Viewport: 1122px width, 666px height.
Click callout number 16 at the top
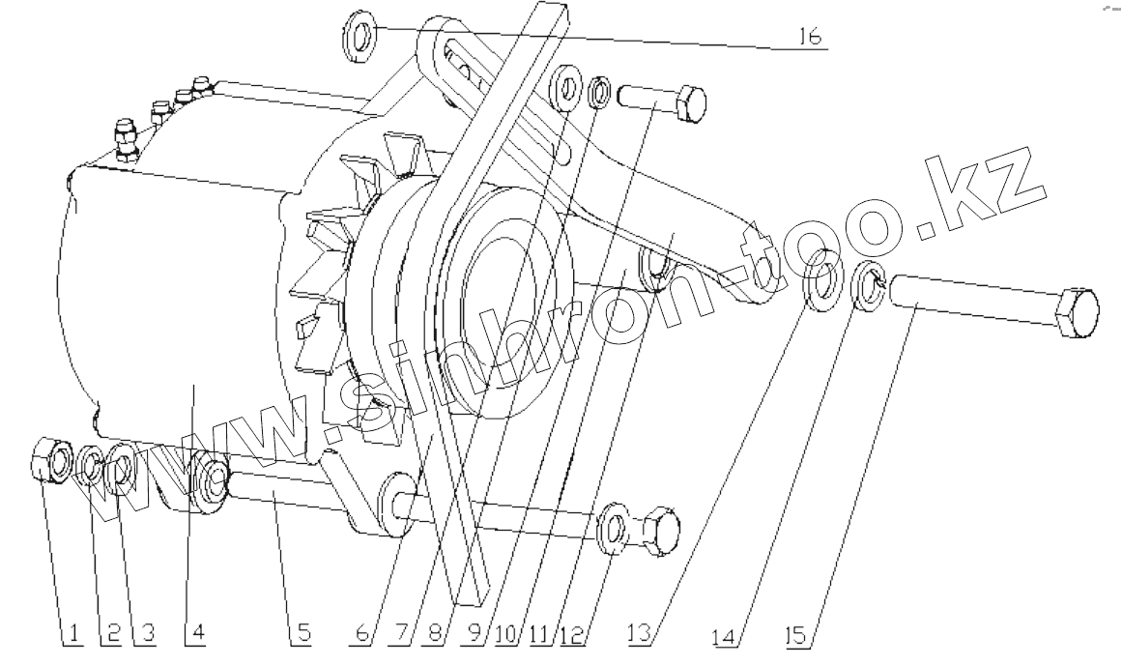[x=811, y=36]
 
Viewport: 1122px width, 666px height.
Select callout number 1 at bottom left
[x=72, y=633]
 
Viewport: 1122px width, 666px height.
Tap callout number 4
[x=198, y=633]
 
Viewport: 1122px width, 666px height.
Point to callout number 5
[x=302, y=633]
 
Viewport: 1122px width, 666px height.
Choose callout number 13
[x=641, y=633]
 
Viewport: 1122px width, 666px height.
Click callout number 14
[x=726, y=634]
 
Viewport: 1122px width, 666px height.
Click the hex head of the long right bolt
[x=1076, y=314]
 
